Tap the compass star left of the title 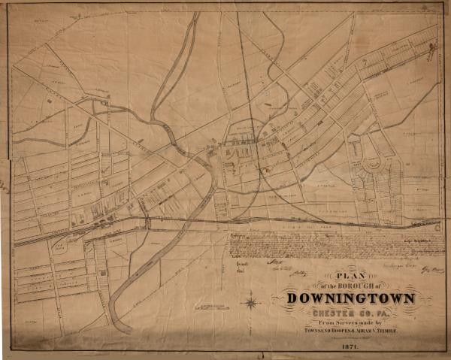coord(252,304)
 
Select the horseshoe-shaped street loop coord(372,164)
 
